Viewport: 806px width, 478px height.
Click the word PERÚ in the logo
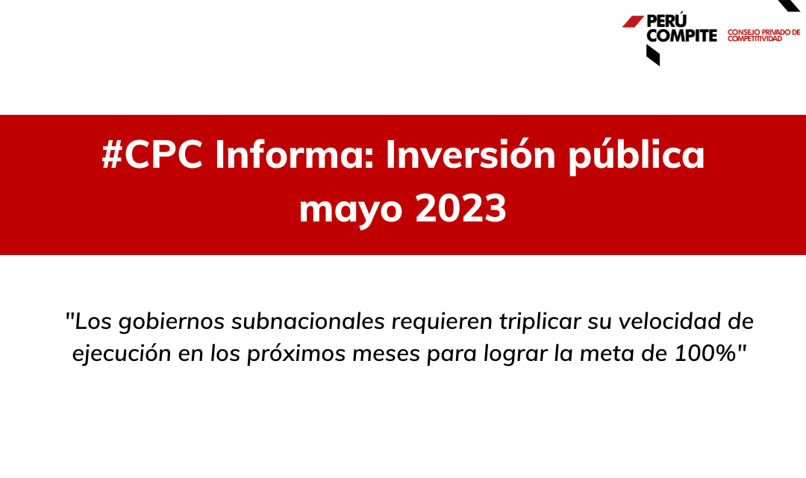click(666, 20)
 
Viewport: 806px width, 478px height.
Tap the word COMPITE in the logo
click(681, 36)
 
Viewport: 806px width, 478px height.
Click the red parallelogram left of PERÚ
click(633, 22)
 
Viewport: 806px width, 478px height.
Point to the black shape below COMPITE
click(653, 55)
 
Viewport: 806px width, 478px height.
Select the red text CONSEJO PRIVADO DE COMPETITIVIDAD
click(764, 36)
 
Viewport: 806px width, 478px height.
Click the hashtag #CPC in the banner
click(152, 154)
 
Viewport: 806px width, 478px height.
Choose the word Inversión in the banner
click(470, 154)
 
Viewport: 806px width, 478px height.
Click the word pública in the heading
click(636, 156)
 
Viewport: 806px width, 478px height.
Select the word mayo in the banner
click(351, 210)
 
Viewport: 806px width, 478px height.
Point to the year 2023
click(460, 208)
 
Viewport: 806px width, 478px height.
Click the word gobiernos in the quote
click(172, 322)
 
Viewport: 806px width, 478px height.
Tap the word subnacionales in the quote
click(308, 321)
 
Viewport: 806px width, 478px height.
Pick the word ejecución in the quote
click(122, 353)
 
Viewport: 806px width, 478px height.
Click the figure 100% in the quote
click(705, 353)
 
